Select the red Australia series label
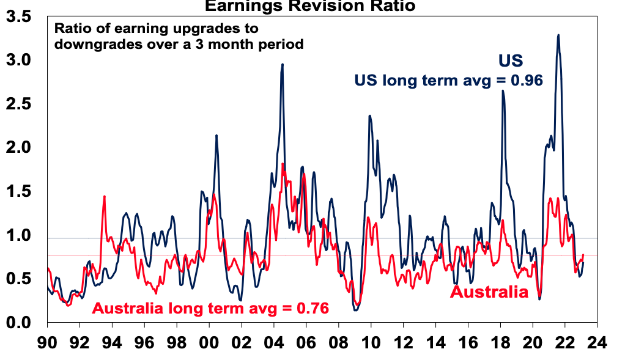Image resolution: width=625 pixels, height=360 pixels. pyautogui.click(x=489, y=292)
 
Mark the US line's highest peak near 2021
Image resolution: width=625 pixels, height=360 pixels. pyautogui.click(x=558, y=35)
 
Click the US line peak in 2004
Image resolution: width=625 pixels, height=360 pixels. pyautogui.click(x=282, y=64)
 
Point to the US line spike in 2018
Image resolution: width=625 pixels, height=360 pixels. pyautogui.click(x=503, y=91)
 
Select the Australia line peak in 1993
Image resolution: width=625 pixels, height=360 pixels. pyautogui.click(x=105, y=196)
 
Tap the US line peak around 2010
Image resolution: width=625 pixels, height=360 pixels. pyautogui.click(x=369, y=116)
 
